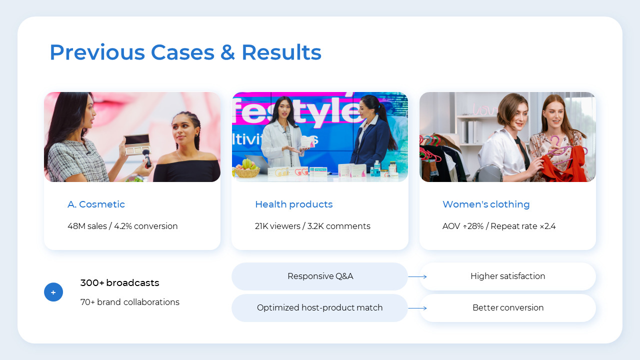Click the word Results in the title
point(281,52)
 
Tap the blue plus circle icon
point(53,292)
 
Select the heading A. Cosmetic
point(96,204)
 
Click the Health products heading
point(293,204)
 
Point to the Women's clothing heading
point(485,204)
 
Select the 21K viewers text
point(277,226)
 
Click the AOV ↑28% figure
point(463,226)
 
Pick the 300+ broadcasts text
point(119,282)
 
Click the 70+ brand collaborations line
point(129,302)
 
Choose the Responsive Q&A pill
point(320,276)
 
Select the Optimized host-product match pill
point(320,307)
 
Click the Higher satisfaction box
point(507,276)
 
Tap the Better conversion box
point(507,307)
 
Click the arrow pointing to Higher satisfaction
point(417,276)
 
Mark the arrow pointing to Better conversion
point(417,308)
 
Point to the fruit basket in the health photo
point(246,169)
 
